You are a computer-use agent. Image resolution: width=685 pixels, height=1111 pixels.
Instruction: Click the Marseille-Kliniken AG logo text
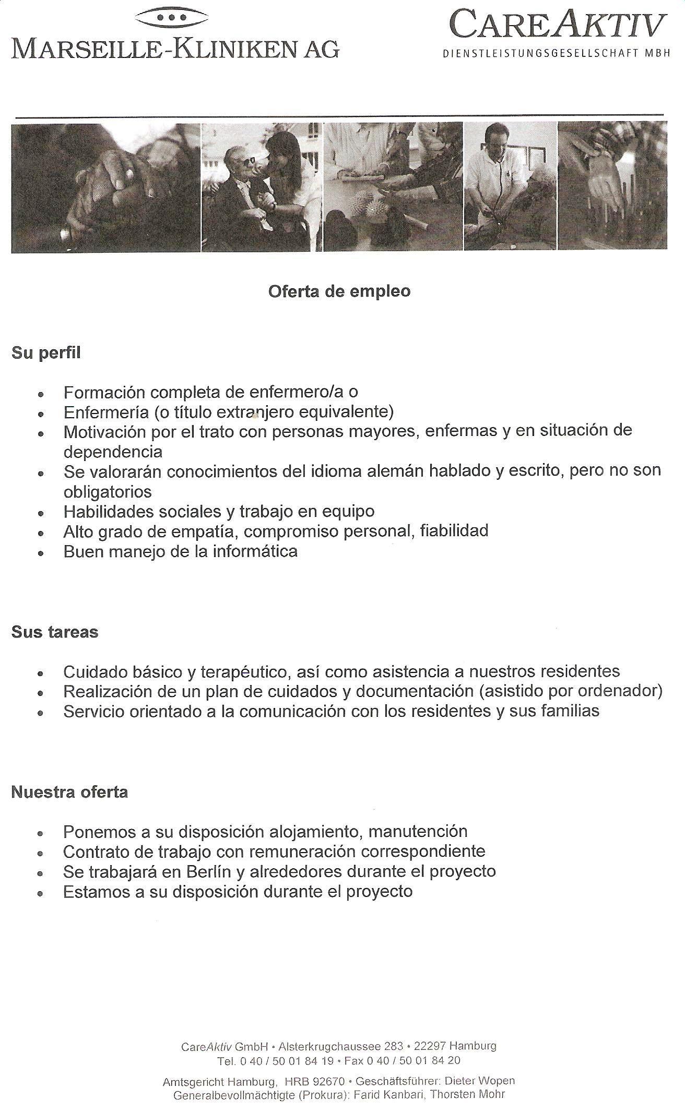point(175,49)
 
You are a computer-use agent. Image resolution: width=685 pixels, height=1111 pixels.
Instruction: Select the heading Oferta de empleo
point(339,291)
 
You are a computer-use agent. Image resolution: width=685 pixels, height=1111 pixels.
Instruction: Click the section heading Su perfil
point(46,353)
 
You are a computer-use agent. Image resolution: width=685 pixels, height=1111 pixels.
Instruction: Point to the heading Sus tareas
point(55,632)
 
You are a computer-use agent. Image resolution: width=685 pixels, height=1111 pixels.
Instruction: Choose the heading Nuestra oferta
point(69,792)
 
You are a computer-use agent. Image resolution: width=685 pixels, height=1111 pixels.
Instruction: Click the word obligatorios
point(108,491)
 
